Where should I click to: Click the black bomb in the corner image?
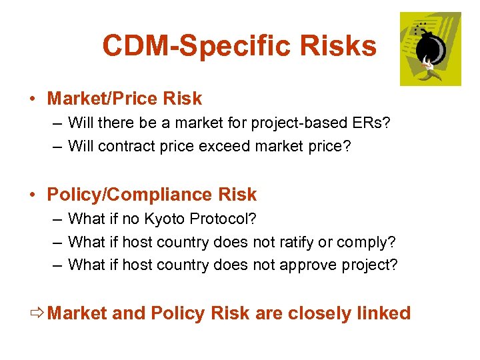[431, 48]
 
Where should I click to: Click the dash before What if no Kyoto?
[57, 219]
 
